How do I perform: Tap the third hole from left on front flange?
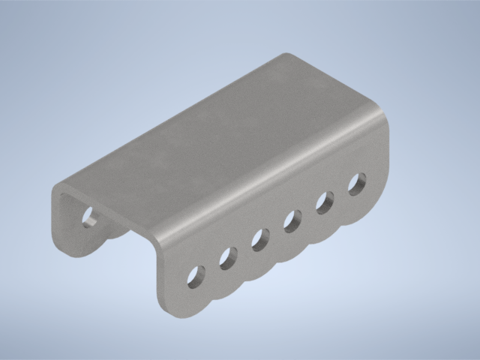pos(259,239)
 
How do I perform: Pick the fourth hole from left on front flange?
pos(292,220)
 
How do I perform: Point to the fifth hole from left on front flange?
pos(324,202)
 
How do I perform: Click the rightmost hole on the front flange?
pos(357,183)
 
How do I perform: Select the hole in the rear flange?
pos(89,217)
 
